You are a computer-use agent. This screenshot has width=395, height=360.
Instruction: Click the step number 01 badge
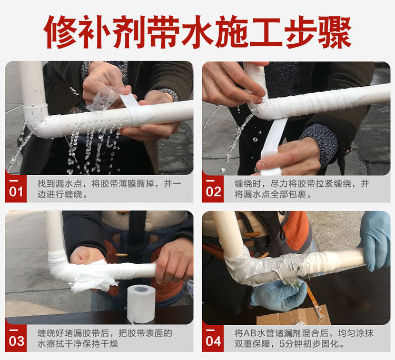click(x=16, y=189)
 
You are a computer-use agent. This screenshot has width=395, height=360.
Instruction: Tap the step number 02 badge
click(x=213, y=189)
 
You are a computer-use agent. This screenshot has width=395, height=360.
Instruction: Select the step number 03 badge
click(x=16, y=338)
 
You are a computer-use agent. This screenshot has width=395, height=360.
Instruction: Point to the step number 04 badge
click(x=213, y=338)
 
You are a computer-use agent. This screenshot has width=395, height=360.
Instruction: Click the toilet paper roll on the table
click(x=141, y=304)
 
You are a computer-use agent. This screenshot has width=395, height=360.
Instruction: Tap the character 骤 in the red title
click(x=335, y=32)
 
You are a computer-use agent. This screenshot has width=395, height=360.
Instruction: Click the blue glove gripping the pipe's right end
click(x=376, y=241)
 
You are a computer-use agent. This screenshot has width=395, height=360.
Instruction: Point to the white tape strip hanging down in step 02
click(x=273, y=146)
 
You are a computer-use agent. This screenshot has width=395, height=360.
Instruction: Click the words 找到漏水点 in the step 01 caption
click(x=60, y=184)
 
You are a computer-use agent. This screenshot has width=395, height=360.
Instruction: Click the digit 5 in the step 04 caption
click(x=282, y=344)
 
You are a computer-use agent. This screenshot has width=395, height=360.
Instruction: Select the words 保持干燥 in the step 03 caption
click(x=100, y=344)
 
